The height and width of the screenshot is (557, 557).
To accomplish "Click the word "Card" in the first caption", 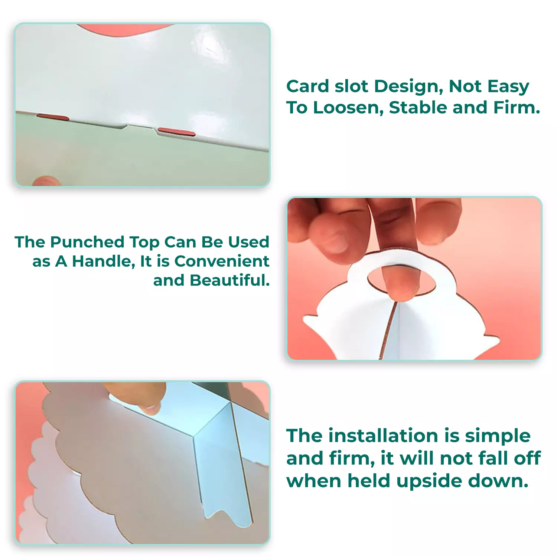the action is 308,86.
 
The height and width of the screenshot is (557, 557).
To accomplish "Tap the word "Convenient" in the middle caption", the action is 222,261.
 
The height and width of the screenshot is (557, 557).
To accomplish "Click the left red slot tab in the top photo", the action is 53,117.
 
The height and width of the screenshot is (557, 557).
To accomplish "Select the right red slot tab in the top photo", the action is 176,131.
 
